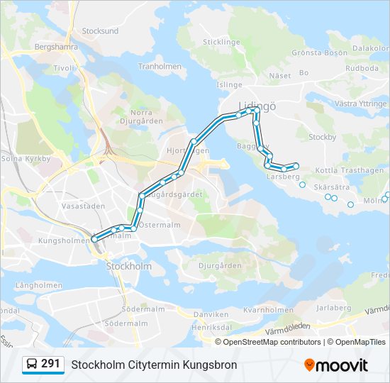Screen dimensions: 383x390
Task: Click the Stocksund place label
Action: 100,31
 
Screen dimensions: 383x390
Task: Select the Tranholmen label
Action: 160,67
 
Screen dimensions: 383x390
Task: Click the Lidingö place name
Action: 257,104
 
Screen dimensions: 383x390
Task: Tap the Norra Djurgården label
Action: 141,116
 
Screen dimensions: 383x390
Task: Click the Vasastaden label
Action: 83,206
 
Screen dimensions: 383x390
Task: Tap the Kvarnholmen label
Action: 263,310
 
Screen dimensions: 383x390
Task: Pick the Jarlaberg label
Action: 333,308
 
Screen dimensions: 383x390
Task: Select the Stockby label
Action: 323,137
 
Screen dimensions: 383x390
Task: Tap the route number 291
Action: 50,364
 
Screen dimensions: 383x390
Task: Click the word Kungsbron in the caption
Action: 210,365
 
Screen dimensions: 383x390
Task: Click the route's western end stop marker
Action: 94,240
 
